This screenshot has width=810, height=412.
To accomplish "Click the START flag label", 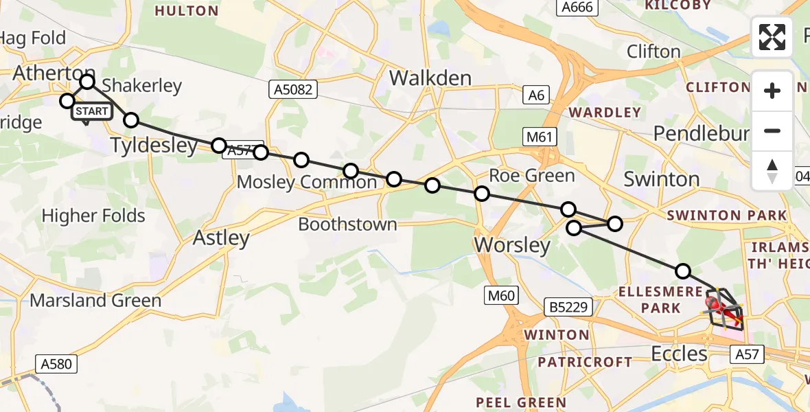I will click(91, 111).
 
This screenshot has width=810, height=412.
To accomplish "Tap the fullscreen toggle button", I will click(772, 37).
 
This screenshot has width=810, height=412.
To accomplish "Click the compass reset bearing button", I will click(772, 171).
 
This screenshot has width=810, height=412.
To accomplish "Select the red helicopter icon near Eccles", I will click(717, 304).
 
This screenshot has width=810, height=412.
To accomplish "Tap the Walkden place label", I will click(430, 78).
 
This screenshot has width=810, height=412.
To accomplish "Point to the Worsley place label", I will click(513, 245).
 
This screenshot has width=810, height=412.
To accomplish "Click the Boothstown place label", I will click(347, 225).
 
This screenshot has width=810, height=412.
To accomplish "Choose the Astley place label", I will click(221, 238).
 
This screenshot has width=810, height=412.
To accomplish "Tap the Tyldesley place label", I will click(154, 146).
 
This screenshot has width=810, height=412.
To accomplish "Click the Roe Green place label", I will click(532, 176).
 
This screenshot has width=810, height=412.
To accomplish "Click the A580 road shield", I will click(56, 363).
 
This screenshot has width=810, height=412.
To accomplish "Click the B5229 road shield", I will click(569, 307).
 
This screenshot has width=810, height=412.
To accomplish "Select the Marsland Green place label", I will click(95, 300).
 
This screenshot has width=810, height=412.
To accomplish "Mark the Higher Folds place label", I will click(93, 216).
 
